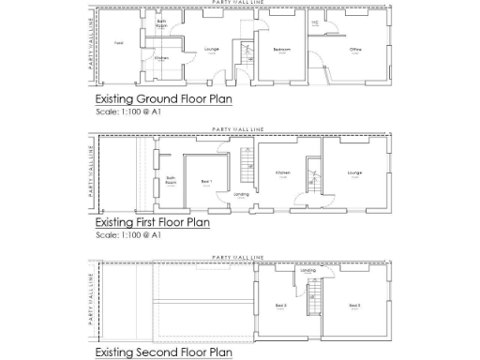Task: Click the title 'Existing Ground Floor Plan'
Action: point(164,98)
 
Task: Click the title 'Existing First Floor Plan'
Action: point(153,224)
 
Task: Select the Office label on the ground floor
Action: point(356,50)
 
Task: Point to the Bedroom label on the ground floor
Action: point(280,50)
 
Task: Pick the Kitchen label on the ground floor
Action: point(161,57)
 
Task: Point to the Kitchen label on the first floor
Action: point(282,173)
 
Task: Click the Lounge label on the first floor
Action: point(353,173)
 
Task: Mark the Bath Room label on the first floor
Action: point(172,179)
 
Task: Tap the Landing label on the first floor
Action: point(241,195)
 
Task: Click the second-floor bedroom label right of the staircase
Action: point(354,306)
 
